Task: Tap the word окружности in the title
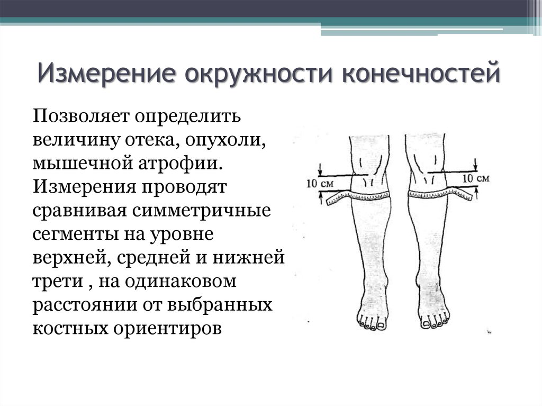pos(258,74)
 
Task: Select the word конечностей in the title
pos(421,73)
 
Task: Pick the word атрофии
pos(180,164)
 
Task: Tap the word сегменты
pos(76,234)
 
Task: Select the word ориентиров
pos(167,329)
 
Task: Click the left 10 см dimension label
pos(320,183)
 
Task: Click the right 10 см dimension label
pos(476,178)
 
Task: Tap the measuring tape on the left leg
pos(358,197)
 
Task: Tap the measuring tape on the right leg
pos(440,194)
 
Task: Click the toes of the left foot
pos(372,324)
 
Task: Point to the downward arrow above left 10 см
pos(321,169)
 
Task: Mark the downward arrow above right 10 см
pos(476,165)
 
